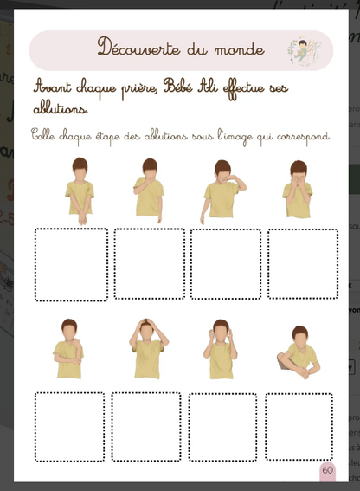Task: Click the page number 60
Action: pos(327,469)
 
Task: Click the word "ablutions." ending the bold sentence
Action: pos(61,110)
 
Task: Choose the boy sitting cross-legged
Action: pos(299,353)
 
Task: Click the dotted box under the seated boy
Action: pos(299,427)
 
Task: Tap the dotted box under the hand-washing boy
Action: pos(72,264)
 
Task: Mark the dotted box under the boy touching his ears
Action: pos(222,427)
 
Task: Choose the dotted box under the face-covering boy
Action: pos(302,264)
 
